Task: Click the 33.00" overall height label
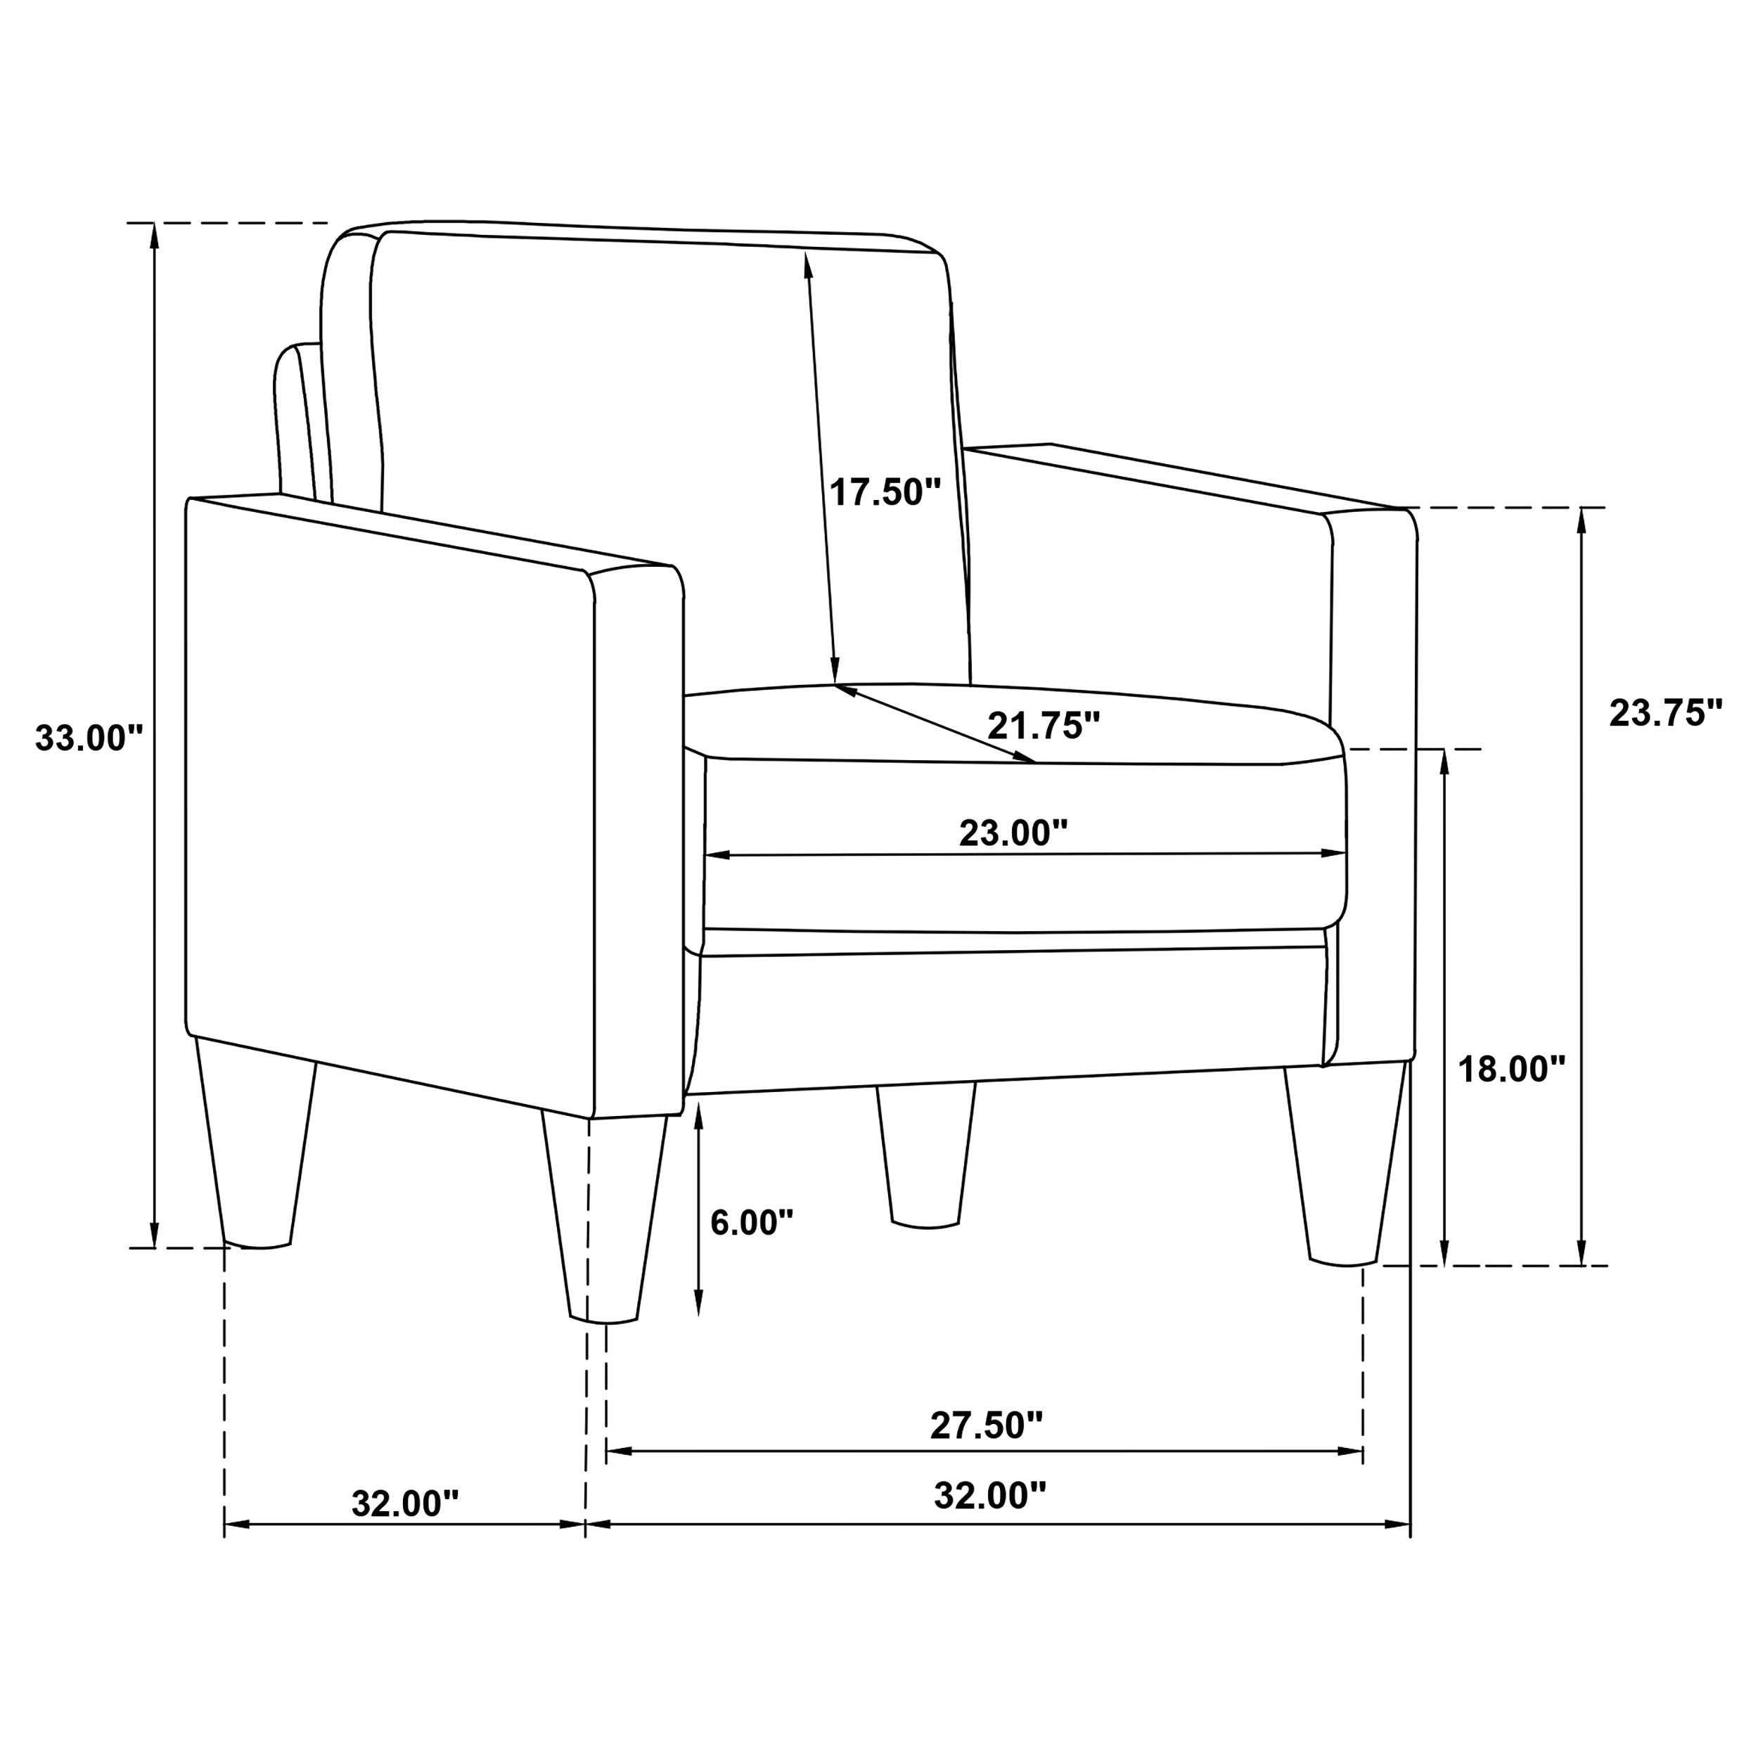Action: tap(89, 738)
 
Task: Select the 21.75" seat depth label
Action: tap(1044, 726)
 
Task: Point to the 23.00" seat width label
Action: tap(1013, 833)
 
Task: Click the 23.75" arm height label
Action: tap(1665, 713)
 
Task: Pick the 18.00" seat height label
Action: tap(1511, 1069)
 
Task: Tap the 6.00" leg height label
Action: tap(752, 1222)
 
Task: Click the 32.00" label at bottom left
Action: tap(405, 1504)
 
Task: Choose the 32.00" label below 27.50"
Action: tap(990, 1495)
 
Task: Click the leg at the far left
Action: tap(257, 1146)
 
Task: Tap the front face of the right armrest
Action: tap(1372, 783)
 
